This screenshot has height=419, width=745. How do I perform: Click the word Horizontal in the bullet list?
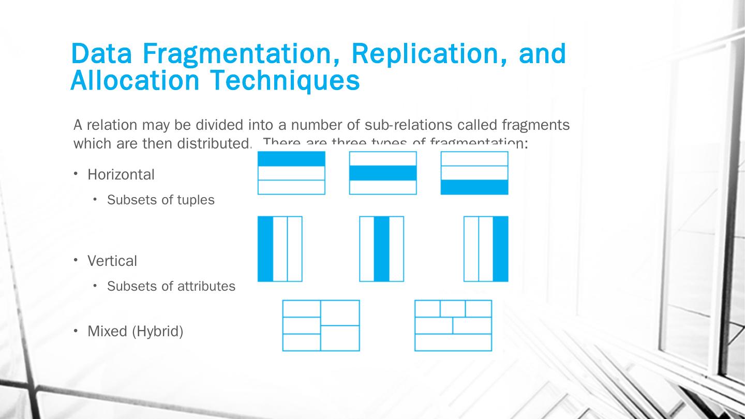point(121,175)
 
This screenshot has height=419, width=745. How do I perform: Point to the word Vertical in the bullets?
point(112,261)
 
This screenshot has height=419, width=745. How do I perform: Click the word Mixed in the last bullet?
point(108,331)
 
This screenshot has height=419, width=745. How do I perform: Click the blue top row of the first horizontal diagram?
point(291,159)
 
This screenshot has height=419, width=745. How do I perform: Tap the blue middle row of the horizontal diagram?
point(383,173)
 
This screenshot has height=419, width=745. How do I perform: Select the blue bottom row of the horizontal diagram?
point(474,187)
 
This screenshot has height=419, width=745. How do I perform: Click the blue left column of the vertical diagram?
point(265,249)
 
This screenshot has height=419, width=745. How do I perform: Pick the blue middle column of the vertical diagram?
point(381,249)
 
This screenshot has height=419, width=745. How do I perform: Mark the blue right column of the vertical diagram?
point(500,249)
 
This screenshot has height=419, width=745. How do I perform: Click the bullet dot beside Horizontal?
point(76,174)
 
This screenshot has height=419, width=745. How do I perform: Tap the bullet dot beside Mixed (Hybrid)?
point(76,330)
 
